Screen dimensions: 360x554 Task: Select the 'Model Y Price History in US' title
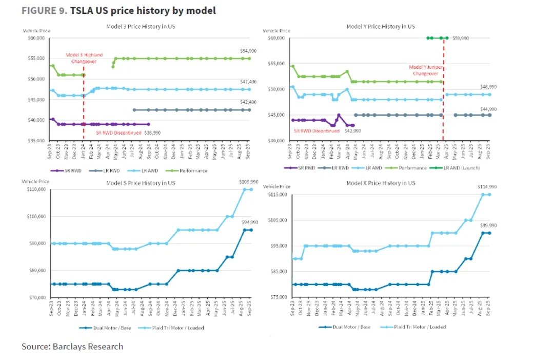click(x=380, y=26)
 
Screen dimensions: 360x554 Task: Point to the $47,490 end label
click(x=250, y=82)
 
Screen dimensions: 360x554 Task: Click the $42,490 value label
click(x=250, y=102)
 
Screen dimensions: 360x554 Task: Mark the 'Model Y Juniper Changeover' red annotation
click(x=426, y=70)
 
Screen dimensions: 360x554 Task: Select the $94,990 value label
click(x=250, y=222)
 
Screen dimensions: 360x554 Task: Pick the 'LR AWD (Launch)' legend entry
click(x=461, y=168)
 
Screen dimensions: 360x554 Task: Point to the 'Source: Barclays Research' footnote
click(x=72, y=347)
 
